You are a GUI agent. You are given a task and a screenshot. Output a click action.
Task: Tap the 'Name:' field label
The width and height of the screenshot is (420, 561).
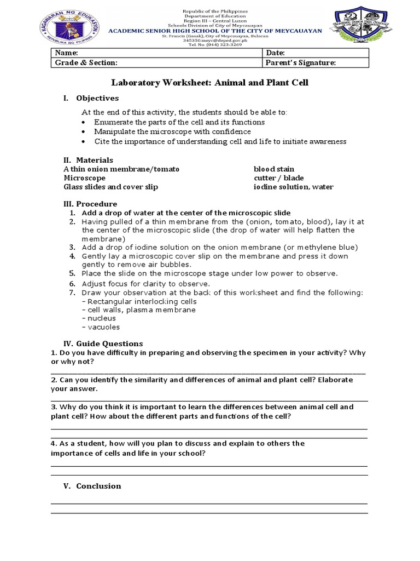[66, 53]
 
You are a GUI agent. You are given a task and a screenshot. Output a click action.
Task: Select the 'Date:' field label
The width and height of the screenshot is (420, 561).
[275, 53]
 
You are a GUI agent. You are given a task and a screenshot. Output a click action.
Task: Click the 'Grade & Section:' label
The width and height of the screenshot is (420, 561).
[85, 63]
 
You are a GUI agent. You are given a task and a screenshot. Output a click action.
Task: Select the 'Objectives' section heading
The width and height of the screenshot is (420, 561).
[97, 98]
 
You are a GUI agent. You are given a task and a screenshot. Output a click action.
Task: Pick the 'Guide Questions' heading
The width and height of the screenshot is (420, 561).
[109, 344]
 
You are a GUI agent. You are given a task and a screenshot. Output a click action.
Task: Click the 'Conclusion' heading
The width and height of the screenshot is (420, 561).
[98, 486]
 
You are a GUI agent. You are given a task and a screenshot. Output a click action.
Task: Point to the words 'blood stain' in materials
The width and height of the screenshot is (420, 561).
[274, 169]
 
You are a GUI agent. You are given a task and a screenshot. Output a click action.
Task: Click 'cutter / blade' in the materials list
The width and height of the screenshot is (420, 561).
[278, 178]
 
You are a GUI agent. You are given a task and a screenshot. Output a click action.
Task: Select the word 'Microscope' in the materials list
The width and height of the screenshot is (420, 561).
[84, 178]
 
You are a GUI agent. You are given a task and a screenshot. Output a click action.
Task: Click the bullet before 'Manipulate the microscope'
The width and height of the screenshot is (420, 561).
[83, 132]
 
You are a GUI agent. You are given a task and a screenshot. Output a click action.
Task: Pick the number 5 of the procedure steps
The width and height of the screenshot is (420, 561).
[72, 273]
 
